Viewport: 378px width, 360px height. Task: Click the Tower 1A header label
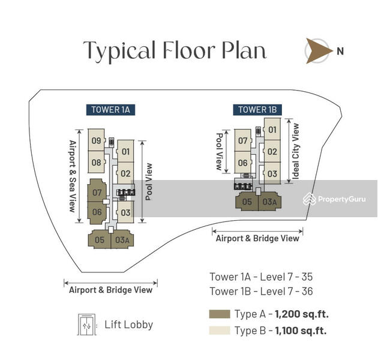tap(110, 109)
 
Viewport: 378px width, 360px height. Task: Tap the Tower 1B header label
tap(257, 109)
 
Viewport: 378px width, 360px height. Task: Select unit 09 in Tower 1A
tap(96, 141)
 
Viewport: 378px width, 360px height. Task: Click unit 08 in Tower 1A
tap(96, 162)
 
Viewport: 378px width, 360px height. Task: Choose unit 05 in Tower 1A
tap(99, 240)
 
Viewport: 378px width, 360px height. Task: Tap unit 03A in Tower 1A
tap(122, 240)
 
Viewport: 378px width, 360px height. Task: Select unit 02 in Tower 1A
tap(125, 174)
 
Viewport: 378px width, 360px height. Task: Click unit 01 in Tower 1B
tap(272, 130)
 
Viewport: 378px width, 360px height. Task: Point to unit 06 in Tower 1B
tap(243, 163)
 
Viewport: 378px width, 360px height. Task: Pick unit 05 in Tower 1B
tap(247, 202)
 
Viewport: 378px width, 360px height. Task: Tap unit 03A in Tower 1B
tap(269, 202)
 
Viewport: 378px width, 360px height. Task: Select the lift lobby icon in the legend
tap(86, 325)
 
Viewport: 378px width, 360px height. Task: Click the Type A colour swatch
tap(219, 314)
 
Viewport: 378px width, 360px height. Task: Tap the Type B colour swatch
tap(219, 331)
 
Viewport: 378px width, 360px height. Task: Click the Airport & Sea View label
tap(72, 176)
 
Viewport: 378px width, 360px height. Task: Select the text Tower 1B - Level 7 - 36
tap(261, 292)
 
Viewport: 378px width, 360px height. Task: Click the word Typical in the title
tap(118, 51)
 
